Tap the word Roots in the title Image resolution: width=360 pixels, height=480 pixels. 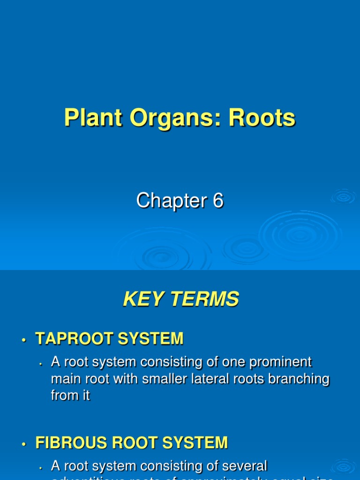(x=262, y=118)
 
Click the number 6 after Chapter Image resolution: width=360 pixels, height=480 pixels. (x=218, y=201)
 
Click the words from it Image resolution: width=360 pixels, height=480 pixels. (x=70, y=395)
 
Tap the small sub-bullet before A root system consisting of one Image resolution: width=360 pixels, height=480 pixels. (x=41, y=364)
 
